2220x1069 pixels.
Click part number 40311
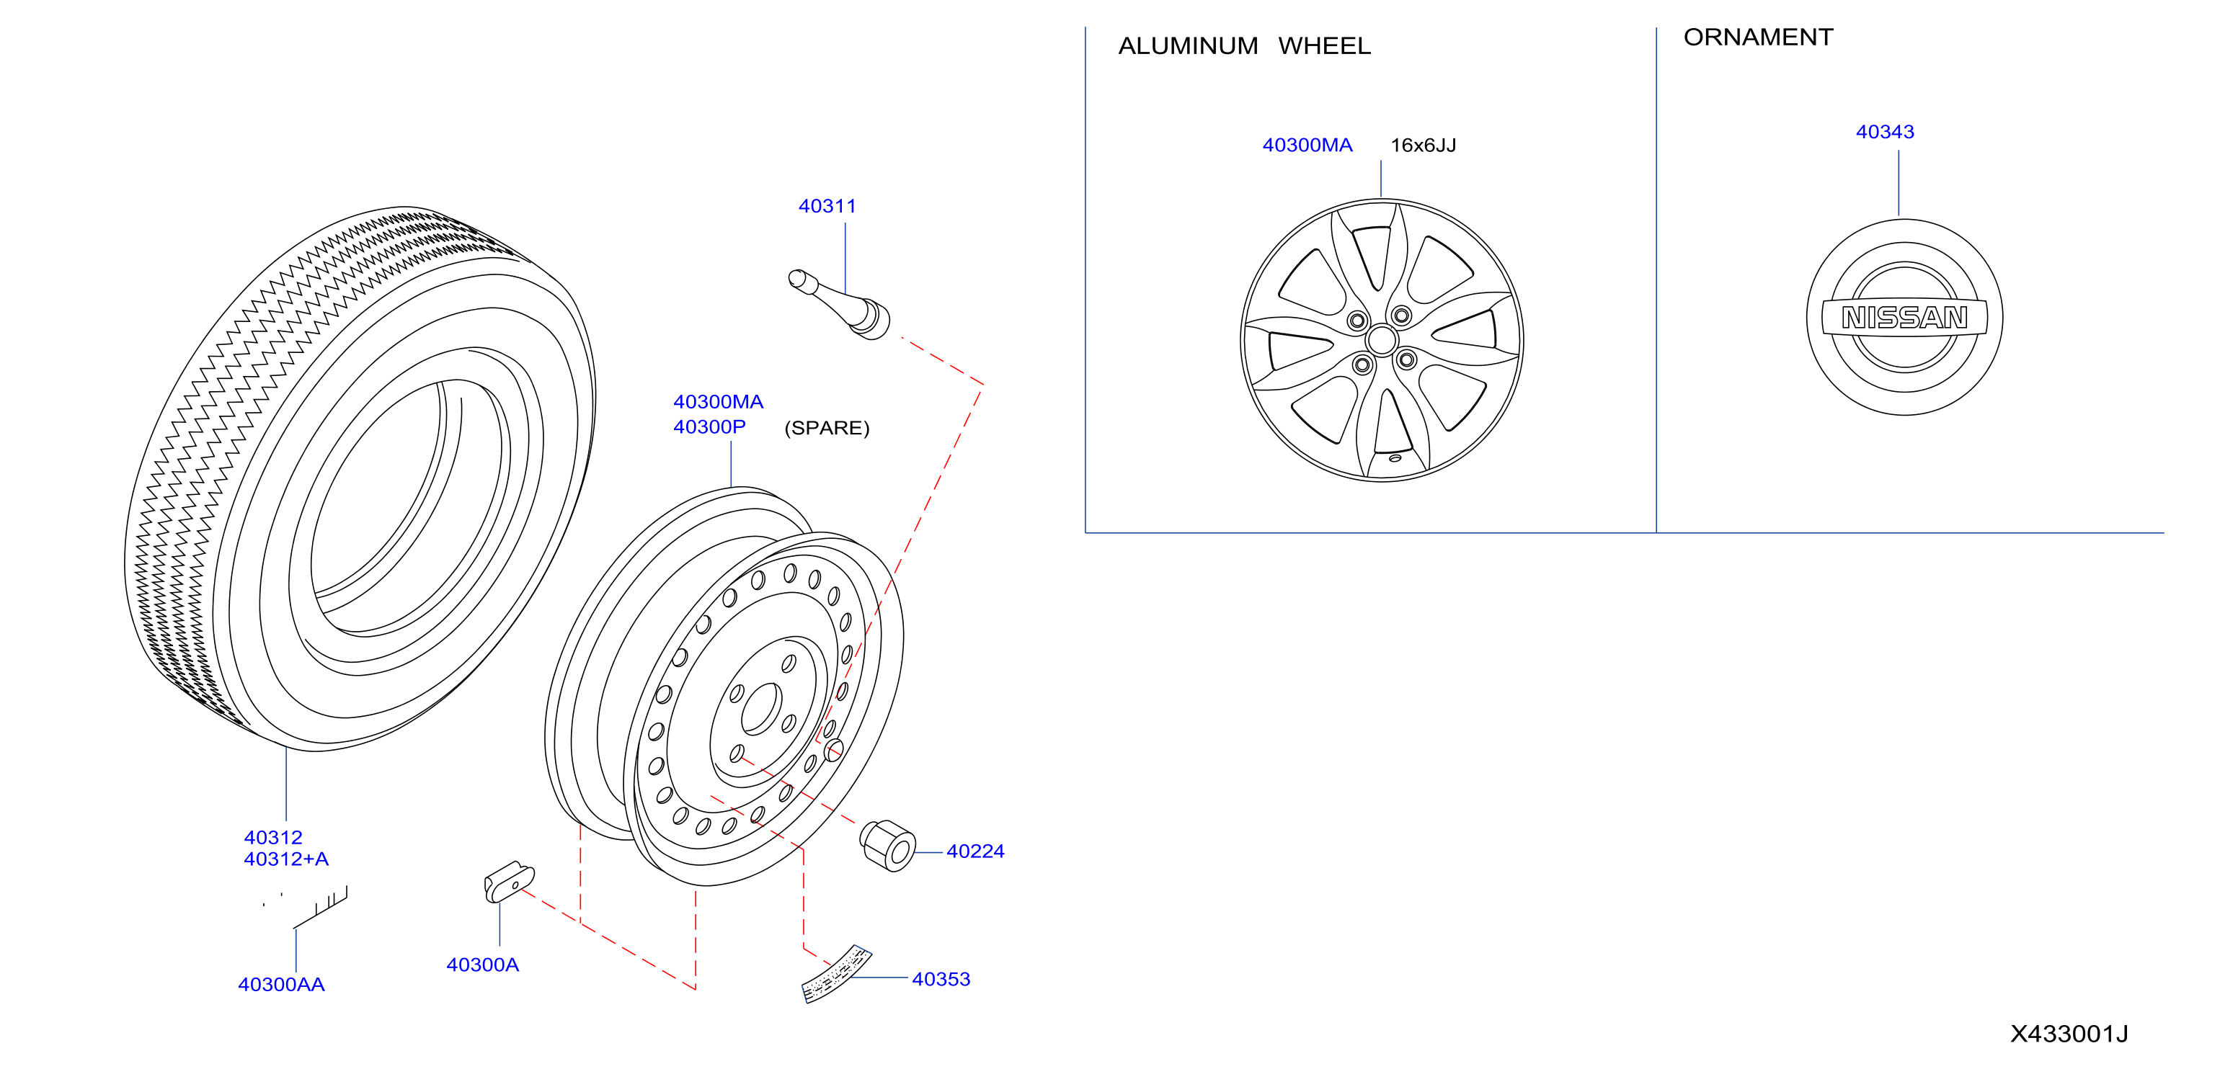[x=827, y=207]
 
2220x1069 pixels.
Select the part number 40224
[x=974, y=851]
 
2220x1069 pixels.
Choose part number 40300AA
[x=281, y=985]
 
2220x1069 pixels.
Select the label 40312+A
[x=286, y=859]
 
